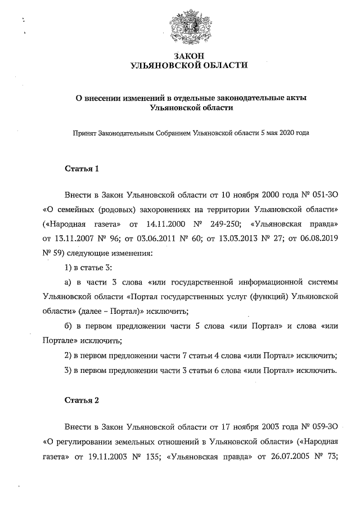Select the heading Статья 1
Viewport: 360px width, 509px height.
point(82,168)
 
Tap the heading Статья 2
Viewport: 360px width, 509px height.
point(82,400)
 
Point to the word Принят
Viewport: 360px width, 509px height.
point(83,133)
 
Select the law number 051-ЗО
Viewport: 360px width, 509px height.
point(322,195)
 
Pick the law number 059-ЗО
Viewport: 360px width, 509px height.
point(322,427)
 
